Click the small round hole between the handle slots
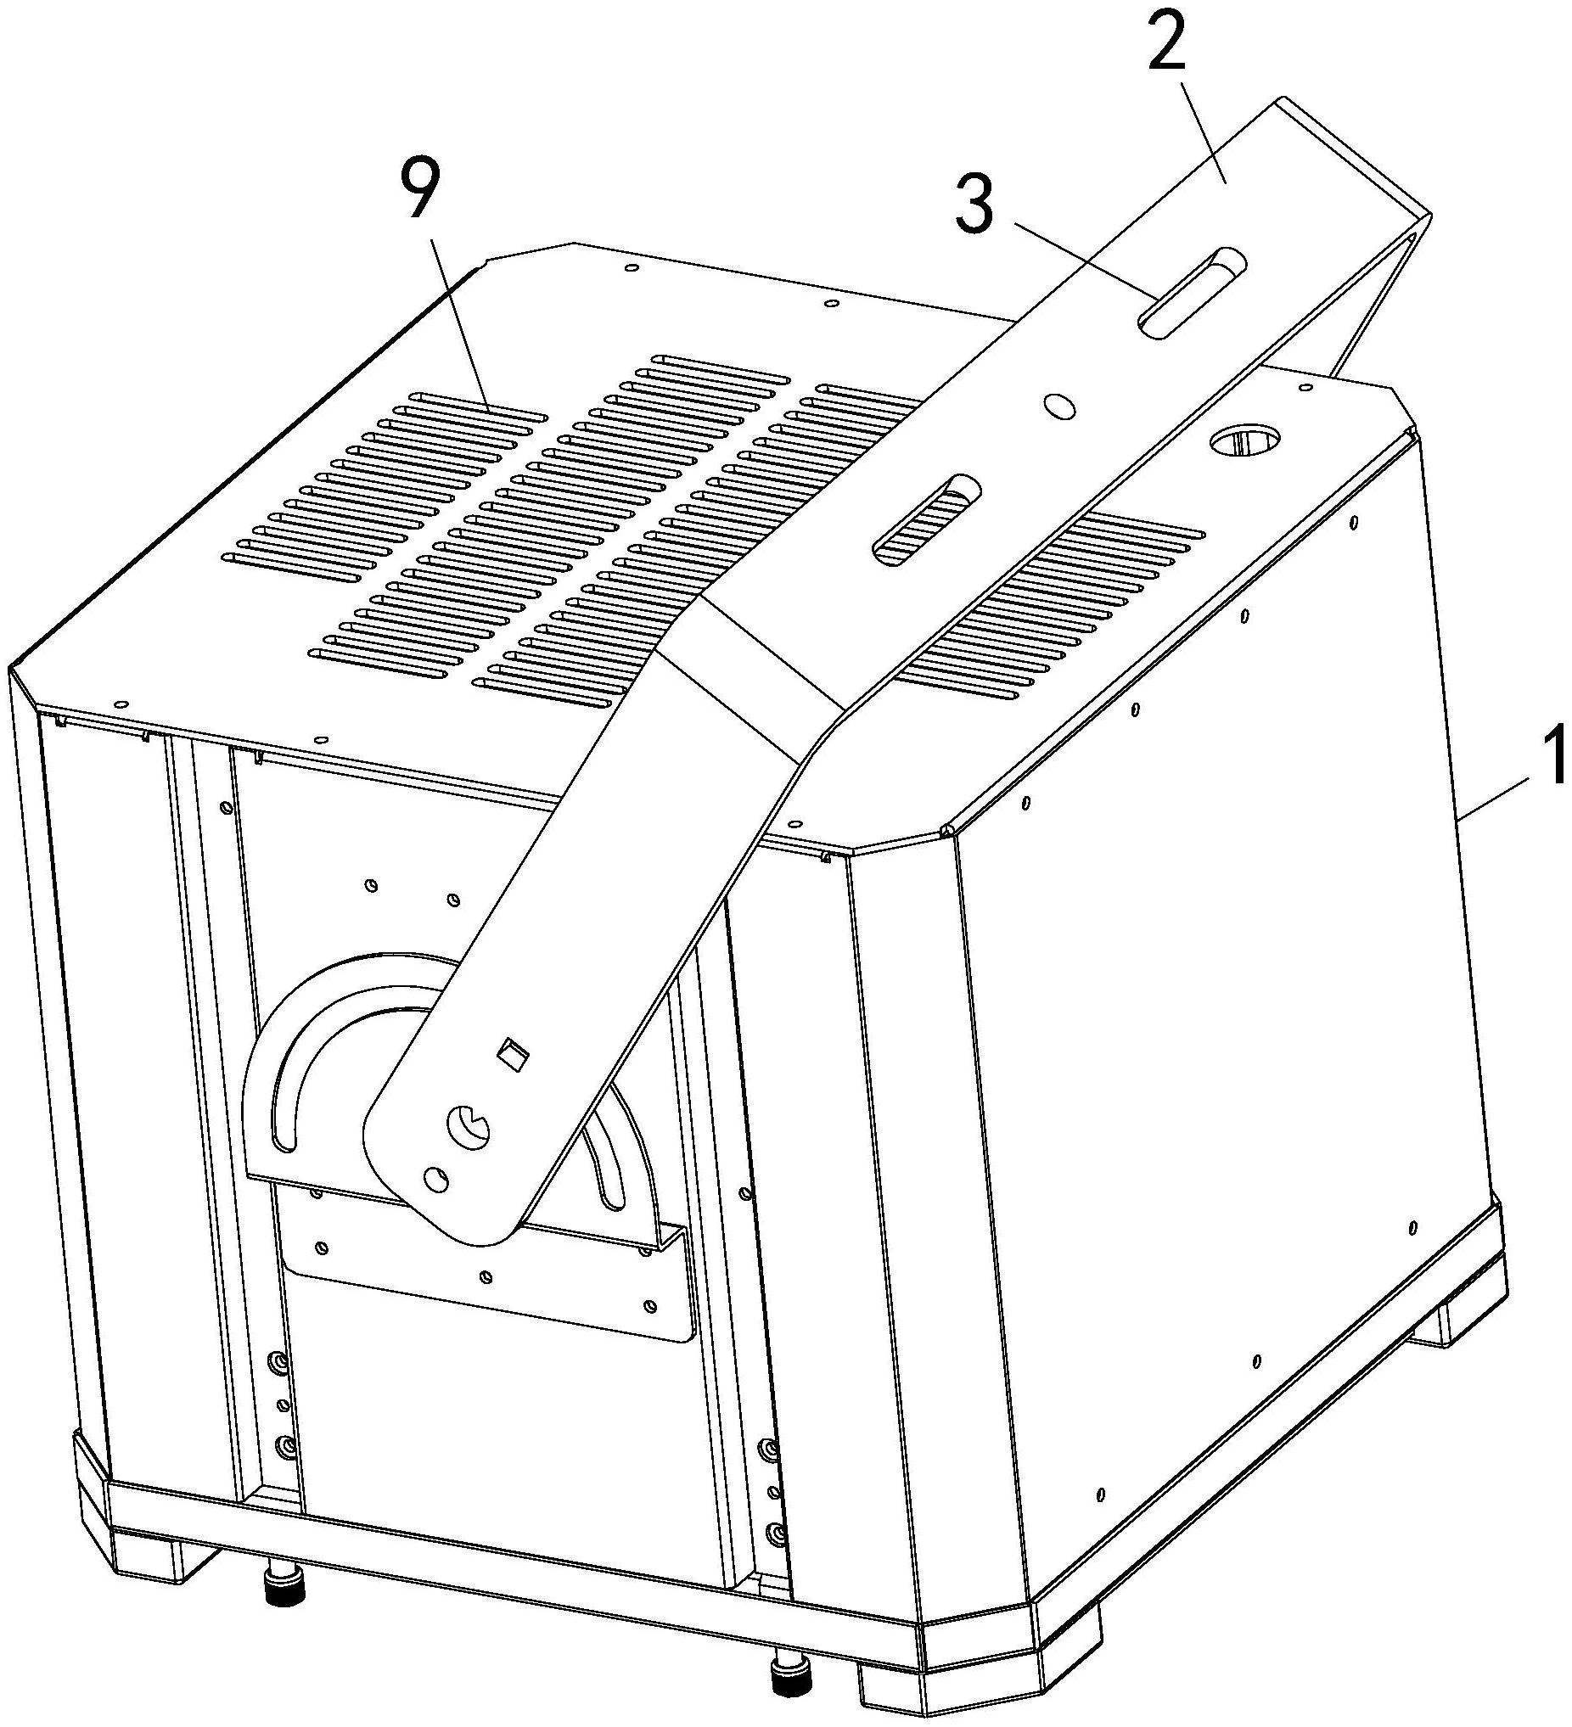pos(1058,406)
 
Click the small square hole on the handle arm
pos(513,1053)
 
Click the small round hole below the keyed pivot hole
pos(435,1180)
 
